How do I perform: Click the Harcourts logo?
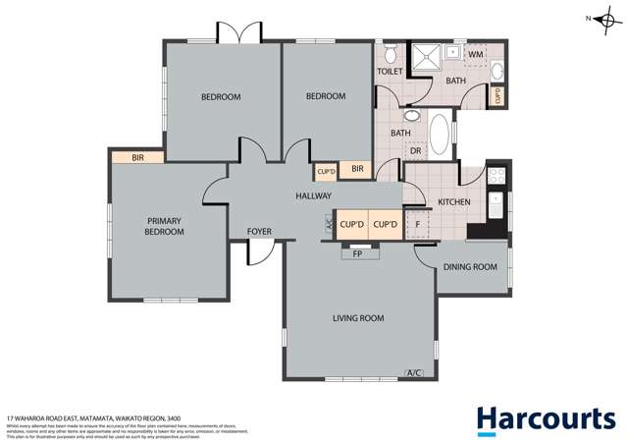point(546,418)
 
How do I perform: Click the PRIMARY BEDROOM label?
point(166,226)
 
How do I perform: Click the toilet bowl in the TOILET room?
point(390,52)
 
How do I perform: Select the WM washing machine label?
point(475,54)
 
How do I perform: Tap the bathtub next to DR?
point(439,137)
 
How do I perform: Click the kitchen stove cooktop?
point(496,177)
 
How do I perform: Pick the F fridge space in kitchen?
point(418,225)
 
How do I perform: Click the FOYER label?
point(259,232)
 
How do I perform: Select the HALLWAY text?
point(313,196)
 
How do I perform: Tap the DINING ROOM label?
point(473,266)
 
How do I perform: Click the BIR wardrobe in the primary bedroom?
point(136,156)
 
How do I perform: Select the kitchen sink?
point(496,205)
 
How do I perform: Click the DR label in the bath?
point(415,151)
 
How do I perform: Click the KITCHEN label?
point(454,202)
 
